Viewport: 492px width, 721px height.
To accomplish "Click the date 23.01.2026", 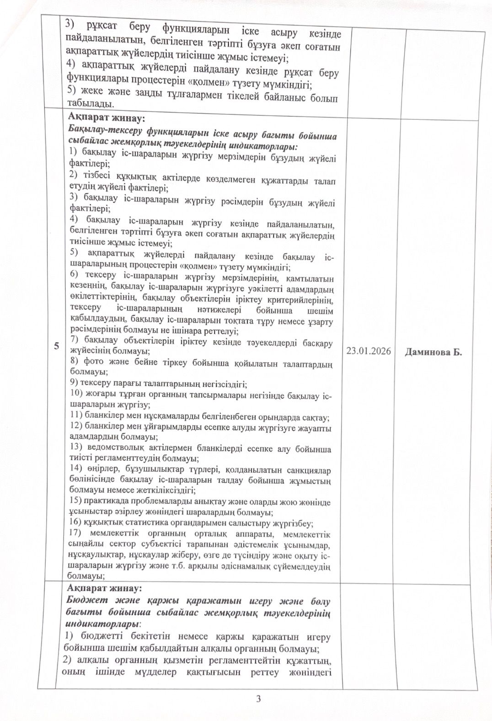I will click(x=369, y=351).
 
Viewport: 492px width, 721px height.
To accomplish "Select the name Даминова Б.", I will click(x=433, y=352).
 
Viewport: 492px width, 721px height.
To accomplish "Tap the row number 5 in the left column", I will click(x=56, y=346).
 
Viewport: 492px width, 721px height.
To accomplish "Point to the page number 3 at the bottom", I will click(x=258, y=699).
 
